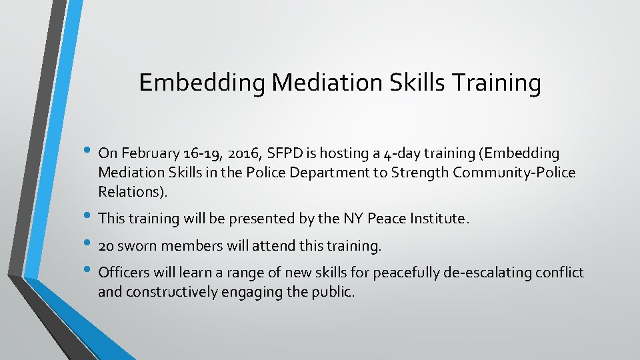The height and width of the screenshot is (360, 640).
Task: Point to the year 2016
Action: pyautogui.click(x=241, y=154)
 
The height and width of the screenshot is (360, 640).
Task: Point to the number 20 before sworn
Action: pyautogui.click(x=105, y=246)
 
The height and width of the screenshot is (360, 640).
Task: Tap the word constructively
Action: pyautogui.click(x=173, y=291)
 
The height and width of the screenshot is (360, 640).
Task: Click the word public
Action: pyautogui.click(x=331, y=291)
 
